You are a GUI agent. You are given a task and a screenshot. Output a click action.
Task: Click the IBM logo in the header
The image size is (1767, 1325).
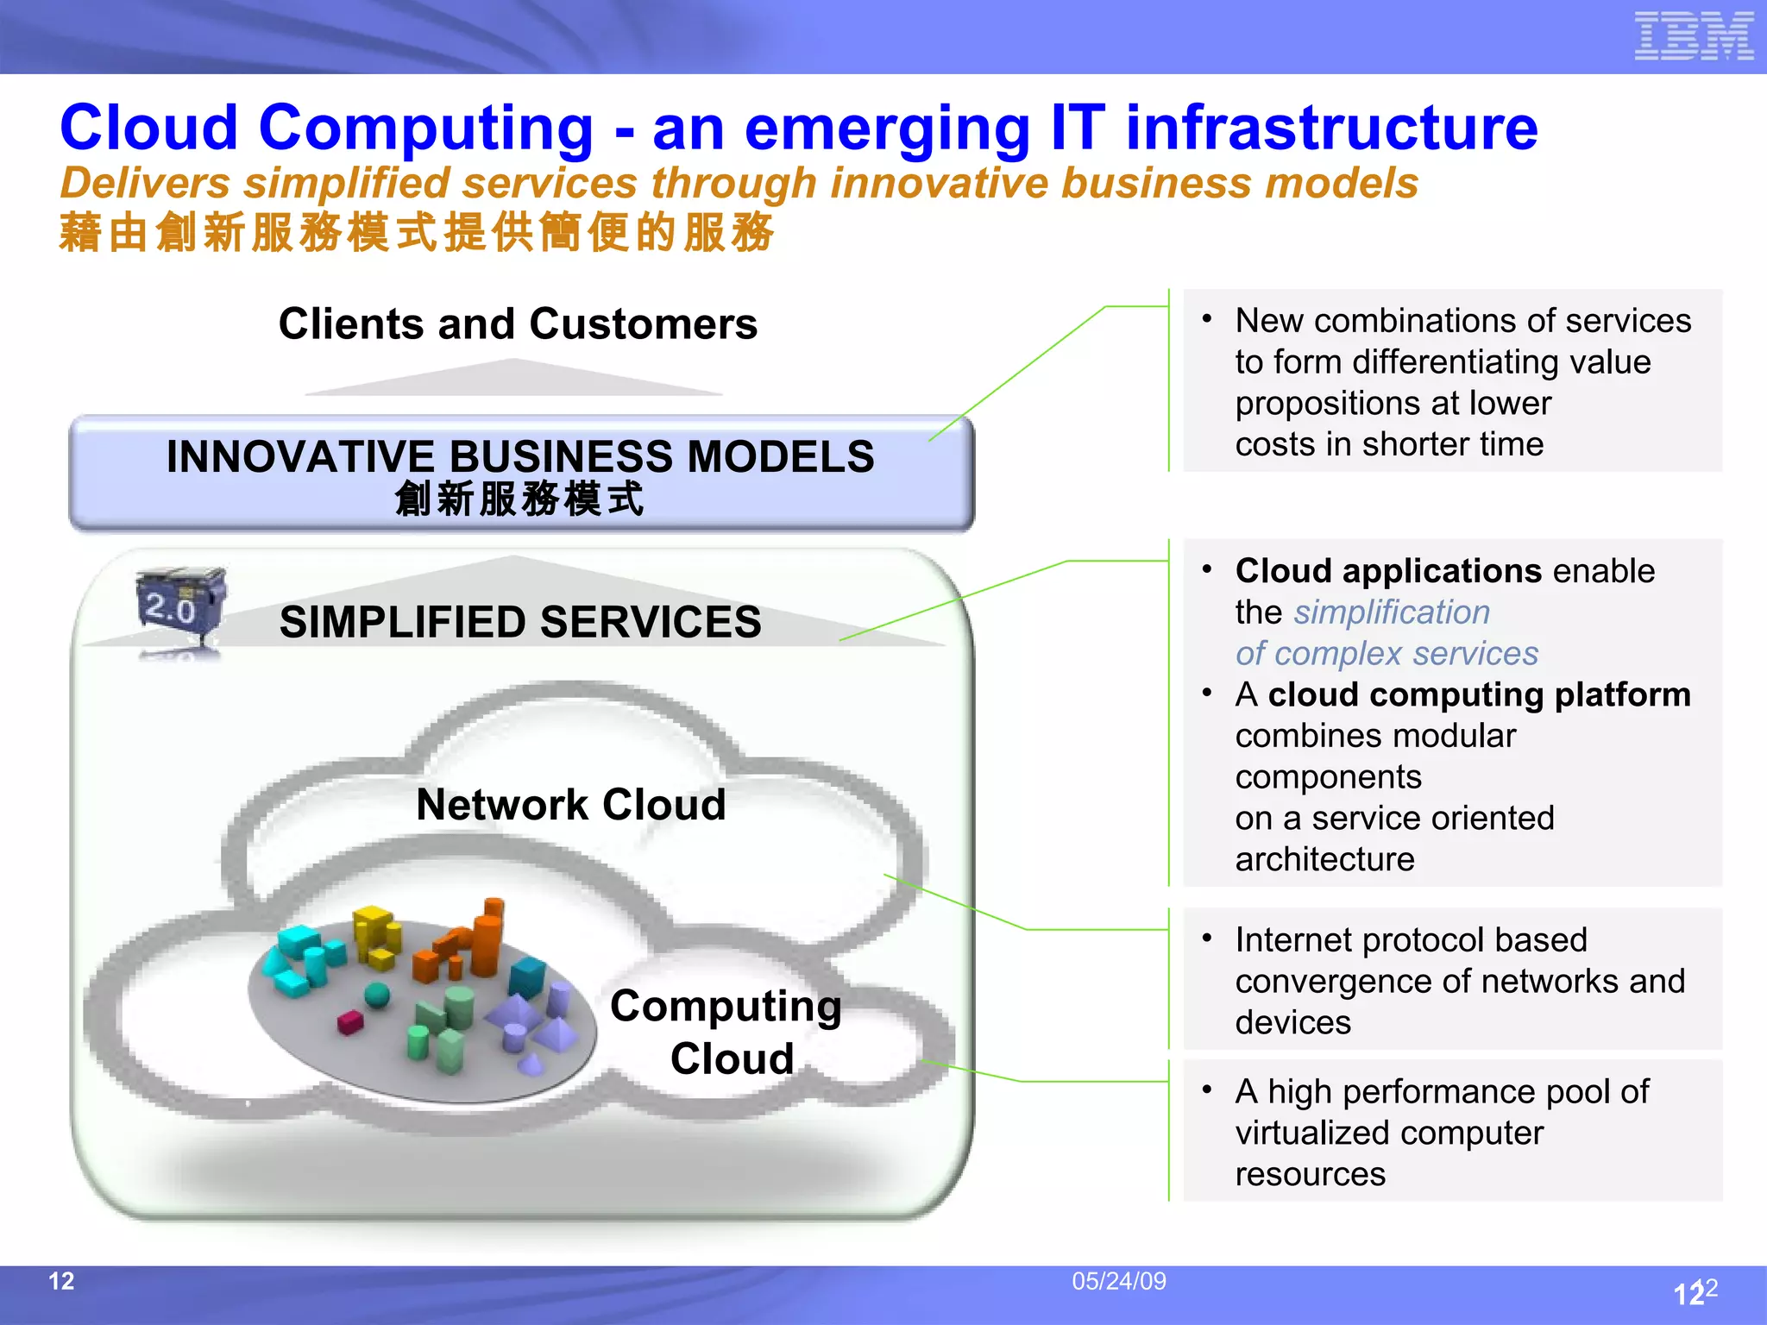click(1693, 36)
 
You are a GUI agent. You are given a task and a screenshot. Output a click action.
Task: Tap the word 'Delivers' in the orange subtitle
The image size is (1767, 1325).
click(145, 184)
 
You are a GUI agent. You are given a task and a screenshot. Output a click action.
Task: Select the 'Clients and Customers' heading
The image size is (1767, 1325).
click(518, 324)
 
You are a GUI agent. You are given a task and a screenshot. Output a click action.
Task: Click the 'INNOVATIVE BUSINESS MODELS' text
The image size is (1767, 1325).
click(520, 456)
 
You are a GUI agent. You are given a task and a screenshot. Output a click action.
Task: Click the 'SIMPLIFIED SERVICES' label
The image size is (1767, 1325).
click(520, 622)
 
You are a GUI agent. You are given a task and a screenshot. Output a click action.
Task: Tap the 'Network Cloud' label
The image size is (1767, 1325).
click(570, 805)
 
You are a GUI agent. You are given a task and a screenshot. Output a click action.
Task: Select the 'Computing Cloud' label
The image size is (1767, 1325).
click(726, 1032)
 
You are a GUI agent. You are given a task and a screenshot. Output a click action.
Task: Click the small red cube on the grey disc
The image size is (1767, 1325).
click(349, 1022)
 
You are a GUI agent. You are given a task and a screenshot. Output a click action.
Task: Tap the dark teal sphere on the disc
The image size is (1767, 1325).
click(377, 995)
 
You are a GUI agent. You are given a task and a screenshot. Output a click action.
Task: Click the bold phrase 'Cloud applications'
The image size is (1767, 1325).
click(1387, 571)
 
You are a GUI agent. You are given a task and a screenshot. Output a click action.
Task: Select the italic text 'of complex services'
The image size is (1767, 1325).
click(1386, 654)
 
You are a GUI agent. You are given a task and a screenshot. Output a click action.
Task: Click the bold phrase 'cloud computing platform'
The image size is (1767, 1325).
click(1479, 695)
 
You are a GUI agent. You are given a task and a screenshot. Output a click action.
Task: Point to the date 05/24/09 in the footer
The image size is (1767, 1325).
click(1118, 1281)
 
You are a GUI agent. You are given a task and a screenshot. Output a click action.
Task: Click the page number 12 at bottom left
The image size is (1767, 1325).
click(61, 1281)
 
